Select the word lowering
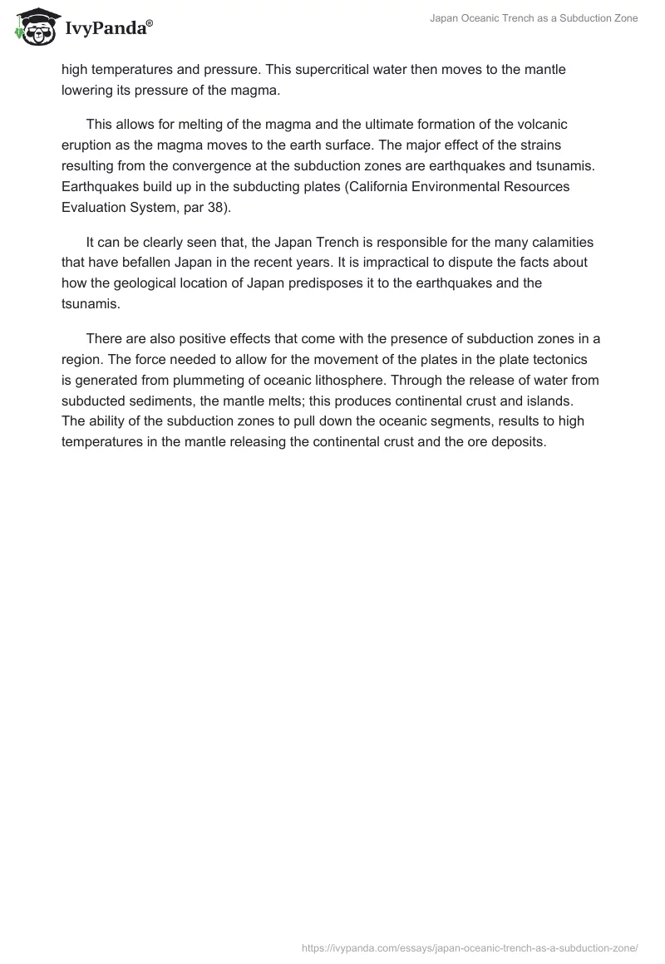87,91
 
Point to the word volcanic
544,124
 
